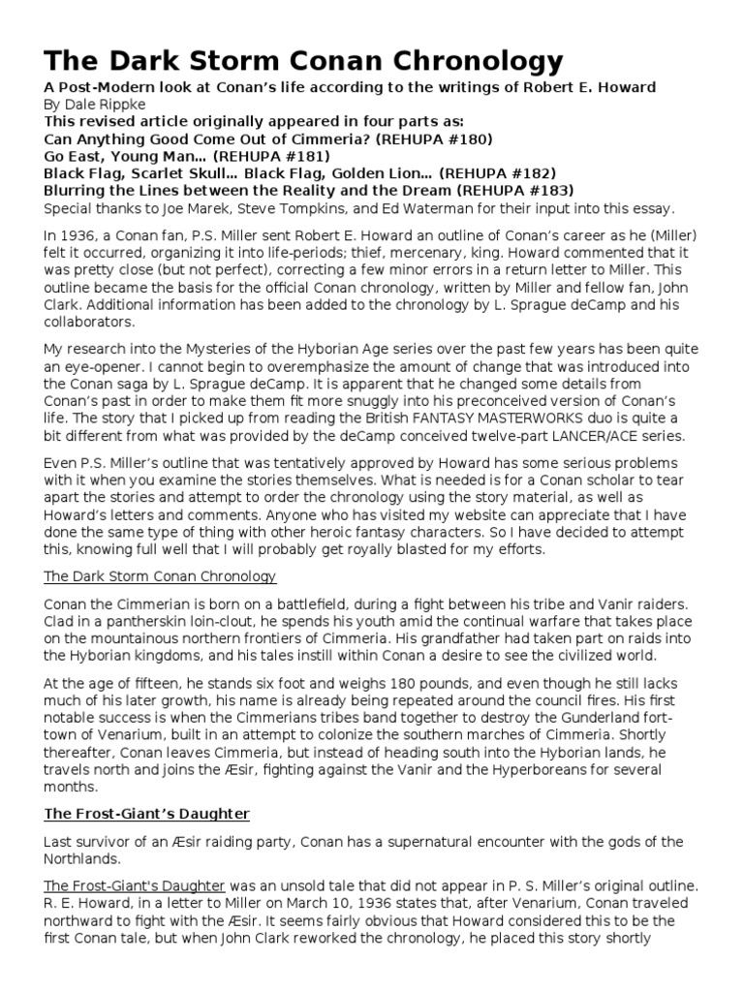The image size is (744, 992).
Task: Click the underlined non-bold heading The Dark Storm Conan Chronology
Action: (x=160, y=576)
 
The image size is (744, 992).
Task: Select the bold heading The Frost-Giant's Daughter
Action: (x=148, y=814)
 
